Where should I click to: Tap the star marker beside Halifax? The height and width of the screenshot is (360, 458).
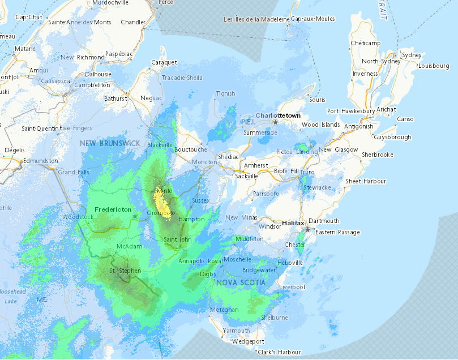click(x=307, y=230)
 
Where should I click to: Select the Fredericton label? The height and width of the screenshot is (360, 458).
click(x=113, y=209)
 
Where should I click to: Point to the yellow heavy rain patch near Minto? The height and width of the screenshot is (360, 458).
click(x=162, y=204)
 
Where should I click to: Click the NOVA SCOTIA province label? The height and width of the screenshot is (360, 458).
click(x=239, y=282)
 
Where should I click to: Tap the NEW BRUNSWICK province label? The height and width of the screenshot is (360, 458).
click(x=109, y=143)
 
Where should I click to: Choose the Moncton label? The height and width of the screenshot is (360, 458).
click(x=205, y=162)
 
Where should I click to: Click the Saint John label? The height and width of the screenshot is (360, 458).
click(x=177, y=240)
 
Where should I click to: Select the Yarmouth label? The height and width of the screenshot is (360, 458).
click(x=236, y=331)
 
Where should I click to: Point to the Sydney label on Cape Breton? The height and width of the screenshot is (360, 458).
click(x=411, y=55)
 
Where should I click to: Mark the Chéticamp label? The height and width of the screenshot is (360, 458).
click(x=364, y=43)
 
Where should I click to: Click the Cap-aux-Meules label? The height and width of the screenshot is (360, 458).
click(x=313, y=19)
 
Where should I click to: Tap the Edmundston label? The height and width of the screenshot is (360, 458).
click(x=40, y=161)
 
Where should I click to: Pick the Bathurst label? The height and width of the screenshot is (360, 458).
click(x=115, y=98)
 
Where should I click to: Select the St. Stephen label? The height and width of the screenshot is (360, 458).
click(x=124, y=271)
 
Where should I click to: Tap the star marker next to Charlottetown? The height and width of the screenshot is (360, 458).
click(x=276, y=122)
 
